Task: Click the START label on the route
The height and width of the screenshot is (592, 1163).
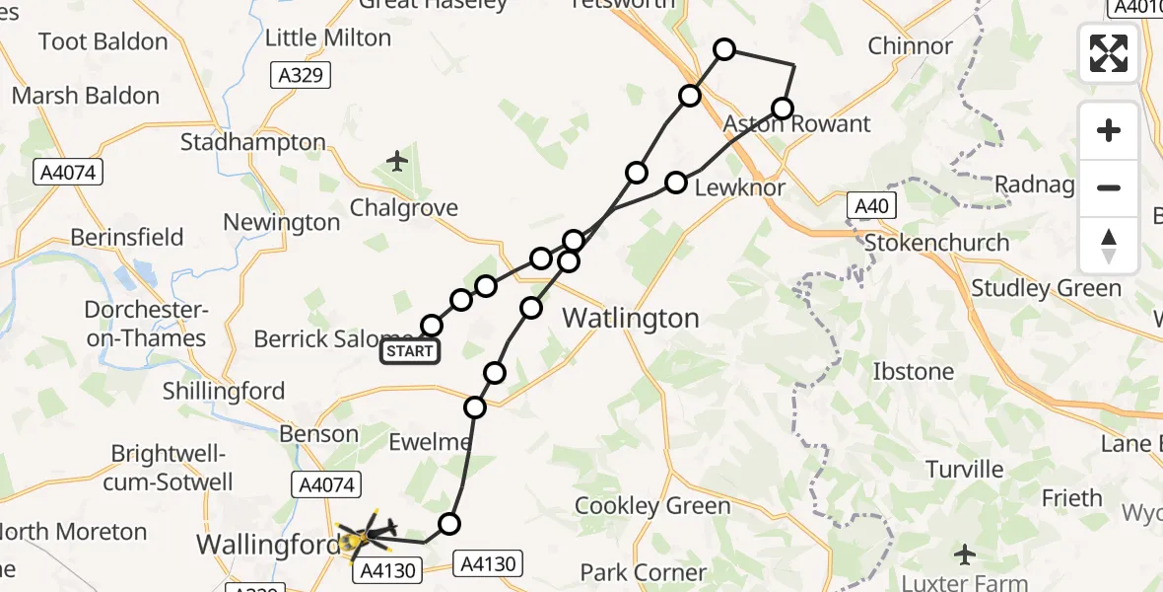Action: pyautogui.click(x=410, y=350)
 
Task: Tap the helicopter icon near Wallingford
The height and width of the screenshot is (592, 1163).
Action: pyautogui.click(x=366, y=537)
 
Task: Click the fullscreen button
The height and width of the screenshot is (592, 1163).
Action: pyautogui.click(x=1109, y=53)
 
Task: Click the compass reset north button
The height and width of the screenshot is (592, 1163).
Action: pyautogui.click(x=1109, y=246)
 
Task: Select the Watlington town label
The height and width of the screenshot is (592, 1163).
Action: pyautogui.click(x=631, y=319)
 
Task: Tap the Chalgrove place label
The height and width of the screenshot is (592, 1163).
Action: pyautogui.click(x=404, y=208)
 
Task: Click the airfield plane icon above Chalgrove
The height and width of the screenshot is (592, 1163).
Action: pyautogui.click(x=398, y=160)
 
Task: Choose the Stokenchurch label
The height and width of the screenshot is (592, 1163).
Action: pyautogui.click(x=936, y=243)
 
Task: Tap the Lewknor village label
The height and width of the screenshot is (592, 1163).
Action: pyautogui.click(x=740, y=187)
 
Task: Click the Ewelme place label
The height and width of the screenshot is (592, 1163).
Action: pyautogui.click(x=430, y=442)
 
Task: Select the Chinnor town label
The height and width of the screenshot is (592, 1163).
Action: pyautogui.click(x=910, y=46)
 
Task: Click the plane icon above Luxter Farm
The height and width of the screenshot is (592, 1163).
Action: pyautogui.click(x=965, y=554)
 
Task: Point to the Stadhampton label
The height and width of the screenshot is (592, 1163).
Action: pyautogui.click(x=253, y=143)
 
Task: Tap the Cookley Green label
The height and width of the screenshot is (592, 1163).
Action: pyautogui.click(x=653, y=506)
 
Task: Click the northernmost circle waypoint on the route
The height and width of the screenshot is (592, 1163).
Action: pyautogui.click(x=724, y=49)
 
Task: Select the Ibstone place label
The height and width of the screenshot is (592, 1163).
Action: pyautogui.click(x=914, y=372)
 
